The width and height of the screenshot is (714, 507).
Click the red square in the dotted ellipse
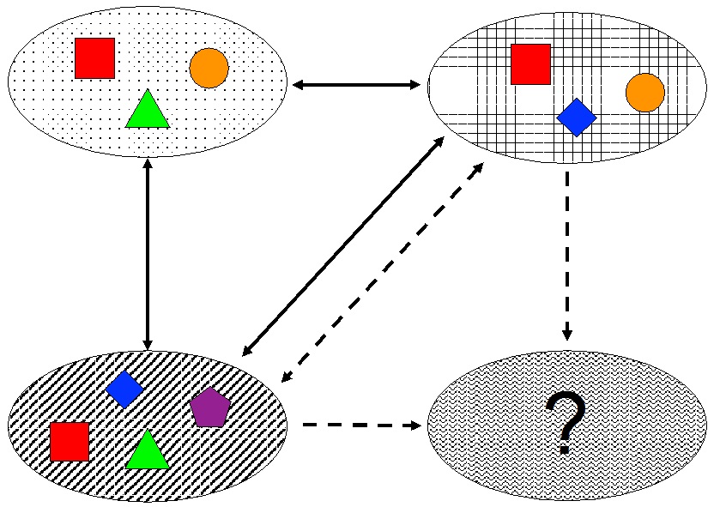[x=94, y=58]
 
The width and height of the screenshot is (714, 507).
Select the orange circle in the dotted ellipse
[x=209, y=68]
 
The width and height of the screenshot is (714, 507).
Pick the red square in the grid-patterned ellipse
[x=530, y=64]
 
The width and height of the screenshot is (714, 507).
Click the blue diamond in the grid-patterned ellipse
[x=576, y=118]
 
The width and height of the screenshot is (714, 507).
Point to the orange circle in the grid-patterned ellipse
[x=645, y=93]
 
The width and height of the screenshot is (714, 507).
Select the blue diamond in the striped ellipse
[x=124, y=389]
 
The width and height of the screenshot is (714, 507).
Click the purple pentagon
[x=210, y=408]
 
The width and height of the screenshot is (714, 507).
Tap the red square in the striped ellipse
[x=70, y=441]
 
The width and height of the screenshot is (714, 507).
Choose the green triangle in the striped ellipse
[x=147, y=451]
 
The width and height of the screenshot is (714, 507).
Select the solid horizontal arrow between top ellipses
[x=356, y=85]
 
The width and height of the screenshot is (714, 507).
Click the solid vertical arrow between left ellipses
[x=148, y=254]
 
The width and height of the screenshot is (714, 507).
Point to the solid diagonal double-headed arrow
[x=342, y=246]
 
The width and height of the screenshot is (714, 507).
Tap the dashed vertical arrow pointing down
[x=567, y=249]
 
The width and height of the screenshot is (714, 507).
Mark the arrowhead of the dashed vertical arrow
[x=567, y=335]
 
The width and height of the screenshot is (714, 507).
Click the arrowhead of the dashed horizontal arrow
[x=415, y=426]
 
